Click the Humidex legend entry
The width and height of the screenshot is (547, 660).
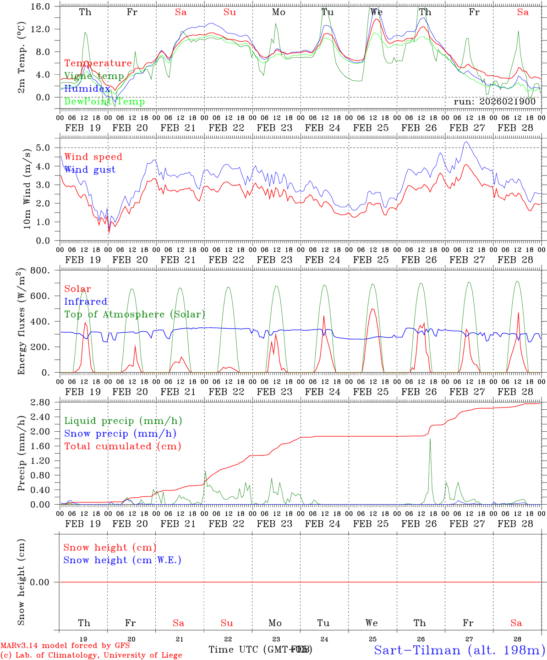coord(87,89)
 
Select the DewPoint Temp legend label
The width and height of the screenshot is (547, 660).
coord(104,102)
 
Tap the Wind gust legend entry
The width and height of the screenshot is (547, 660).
coord(90,170)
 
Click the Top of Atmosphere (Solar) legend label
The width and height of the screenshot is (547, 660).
coord(135,314)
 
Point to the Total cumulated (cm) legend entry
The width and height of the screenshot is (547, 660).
coord(123,446)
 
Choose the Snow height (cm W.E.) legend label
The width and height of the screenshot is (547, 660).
coord(122,560)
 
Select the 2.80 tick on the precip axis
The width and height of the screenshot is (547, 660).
coord(41,402)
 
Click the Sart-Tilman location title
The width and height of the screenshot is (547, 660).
coord(459,650)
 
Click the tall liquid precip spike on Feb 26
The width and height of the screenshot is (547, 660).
coord(430,440)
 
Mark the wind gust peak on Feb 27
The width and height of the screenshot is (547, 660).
coord(466,142)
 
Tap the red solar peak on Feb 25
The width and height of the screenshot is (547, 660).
coord(372,309)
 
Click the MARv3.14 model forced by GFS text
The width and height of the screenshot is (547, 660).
coord(65,646)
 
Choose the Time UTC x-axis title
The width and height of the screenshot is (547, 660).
coord(260,649)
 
